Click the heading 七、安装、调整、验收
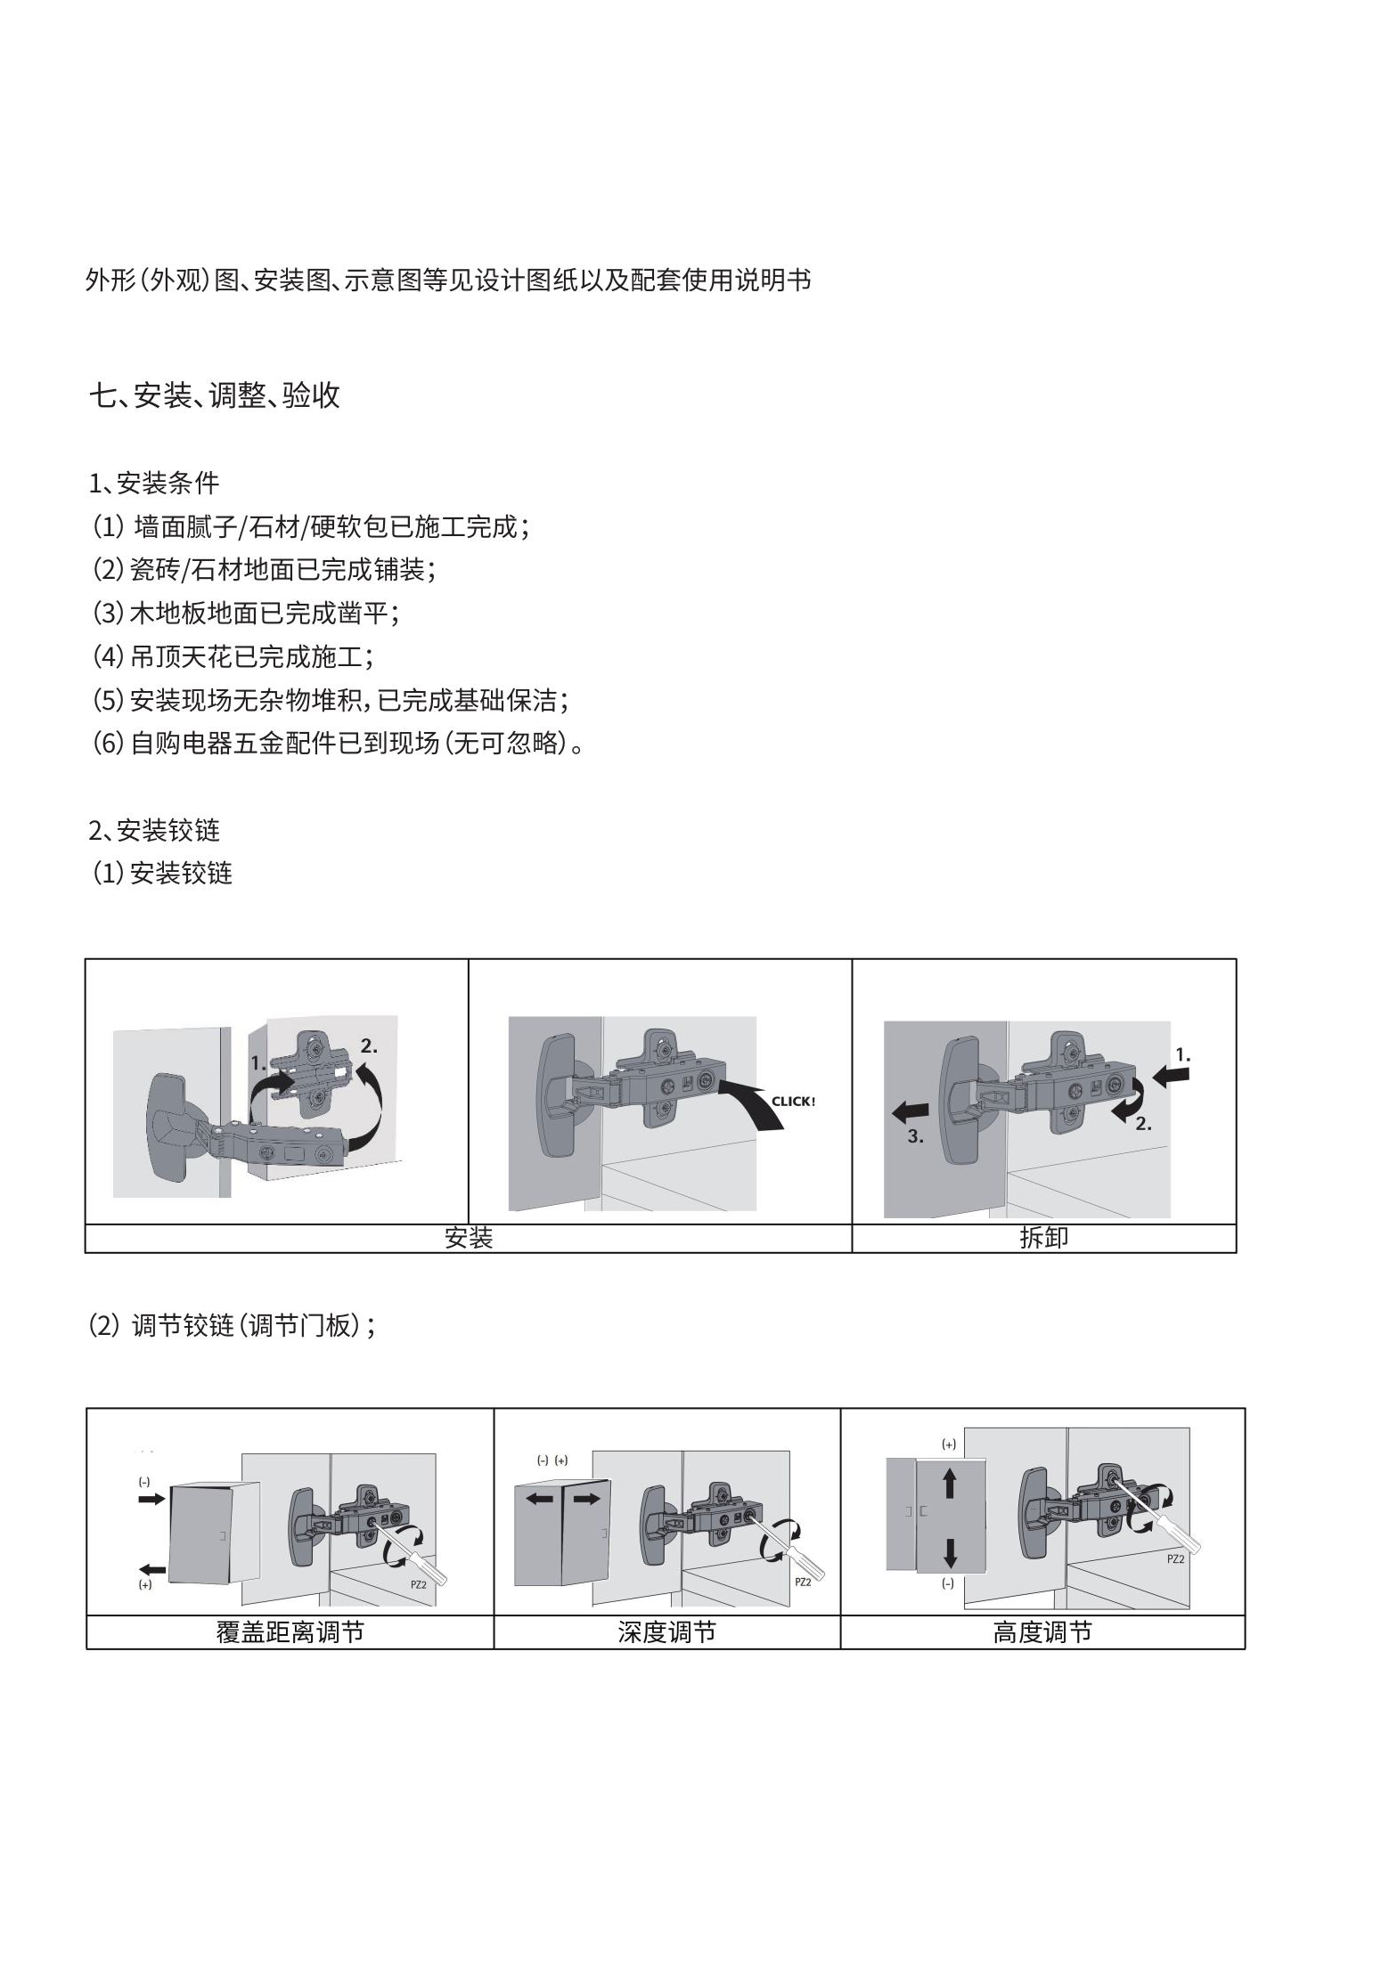coord(215,395)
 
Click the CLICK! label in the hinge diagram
coord(793,1102)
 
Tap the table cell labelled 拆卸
coord(1043,1238)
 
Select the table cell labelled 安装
coord(469,1238)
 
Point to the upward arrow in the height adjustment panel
coord(949,1482)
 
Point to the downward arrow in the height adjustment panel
coord(949,1552)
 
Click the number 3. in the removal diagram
coord(916,1136)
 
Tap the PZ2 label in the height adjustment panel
coord(1175,1559)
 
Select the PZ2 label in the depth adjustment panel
coord(803,1582)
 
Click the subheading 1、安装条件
coord(154,484)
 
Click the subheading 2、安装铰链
coord(154,831)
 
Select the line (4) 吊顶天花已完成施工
coord(233,657)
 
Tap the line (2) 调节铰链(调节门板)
coord(233,1326)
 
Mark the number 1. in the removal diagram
coord(1182,1055)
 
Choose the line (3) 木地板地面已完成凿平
coord(246,614)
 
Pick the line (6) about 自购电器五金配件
coord(339,743)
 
